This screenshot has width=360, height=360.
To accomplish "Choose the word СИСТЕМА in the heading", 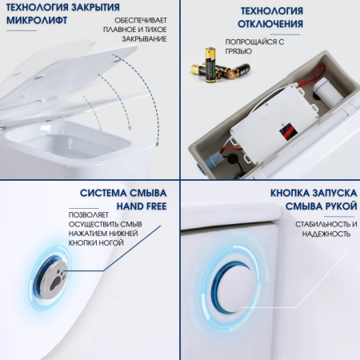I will pyautogui.click(x=102, y=193).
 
